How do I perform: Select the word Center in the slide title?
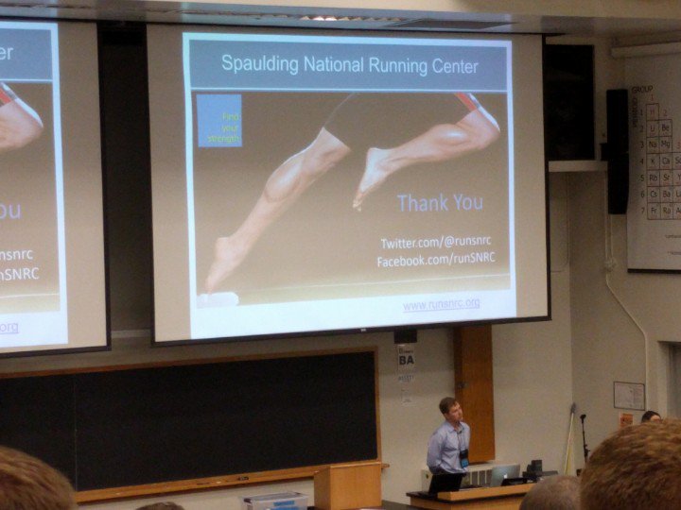(x=451, y=66)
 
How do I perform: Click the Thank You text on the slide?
(x=440, y=202)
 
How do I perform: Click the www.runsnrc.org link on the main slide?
(x=441, y=304)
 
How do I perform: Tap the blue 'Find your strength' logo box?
(x=219, y=121)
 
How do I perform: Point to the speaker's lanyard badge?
(x=463, y=456)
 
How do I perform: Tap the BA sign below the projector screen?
(x=407, y=359)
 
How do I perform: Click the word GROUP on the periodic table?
(x=643, y=90)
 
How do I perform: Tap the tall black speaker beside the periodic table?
(x=618, y=151)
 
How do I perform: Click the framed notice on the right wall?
(x=629, y=396)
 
